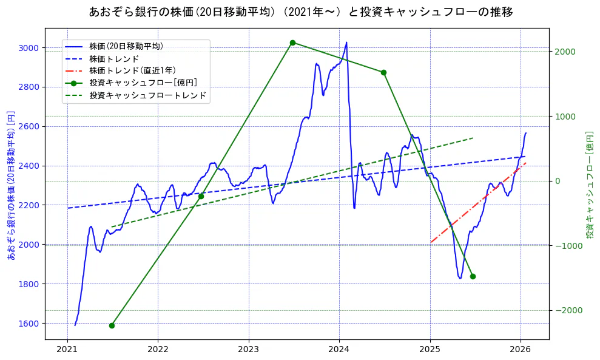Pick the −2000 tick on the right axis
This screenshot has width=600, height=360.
pyautogui.click(x=568, y=311)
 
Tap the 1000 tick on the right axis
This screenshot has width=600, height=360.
pyautogui.click(x=566, y=117)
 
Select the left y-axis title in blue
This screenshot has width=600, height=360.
pyautogui.click(x=10, y=185)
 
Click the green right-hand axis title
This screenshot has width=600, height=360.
pyautogui.click(x=589, y=185)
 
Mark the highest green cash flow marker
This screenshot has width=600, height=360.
pyautogui.click(x=292, y=42)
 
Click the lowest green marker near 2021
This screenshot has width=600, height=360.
pyautogui.click(x=112, y=325)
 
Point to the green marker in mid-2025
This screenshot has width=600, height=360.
pyautogui.click(x=473, y=276)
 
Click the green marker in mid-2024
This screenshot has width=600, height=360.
pyautogui.click(x=383, y=72)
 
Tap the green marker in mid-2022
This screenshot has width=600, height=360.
pyautogui.click(x=201, y=196)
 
